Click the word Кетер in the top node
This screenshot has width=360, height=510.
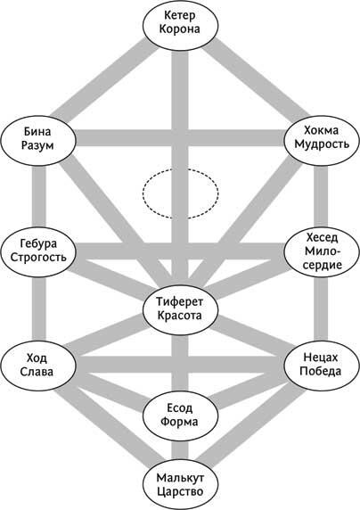tap(180, 15)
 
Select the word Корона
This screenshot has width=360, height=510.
tap(180, 29)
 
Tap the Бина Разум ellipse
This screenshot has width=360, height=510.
tap(38, 141)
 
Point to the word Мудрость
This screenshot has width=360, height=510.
tap(322, 144)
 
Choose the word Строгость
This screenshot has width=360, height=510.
tap(38, 257)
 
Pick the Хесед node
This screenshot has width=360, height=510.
tap(322, 251)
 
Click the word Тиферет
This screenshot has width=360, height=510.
tap(180, 301)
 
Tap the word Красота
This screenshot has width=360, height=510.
tap(180, 315)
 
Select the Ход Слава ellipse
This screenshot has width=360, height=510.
tap(38, 365)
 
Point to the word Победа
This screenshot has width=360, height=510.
tap(321, 371)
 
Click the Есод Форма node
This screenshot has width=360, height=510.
tap(181, 415)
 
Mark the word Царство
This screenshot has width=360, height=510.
tap(180, 491)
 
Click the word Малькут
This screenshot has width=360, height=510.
tap(180, 478)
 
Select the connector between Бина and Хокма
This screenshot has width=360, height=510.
tap(180, 138)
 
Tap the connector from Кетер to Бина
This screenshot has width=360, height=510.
tap(105, 79)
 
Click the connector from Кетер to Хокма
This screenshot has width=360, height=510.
tap(257, 79)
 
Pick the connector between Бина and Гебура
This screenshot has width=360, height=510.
tap(38, 196)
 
